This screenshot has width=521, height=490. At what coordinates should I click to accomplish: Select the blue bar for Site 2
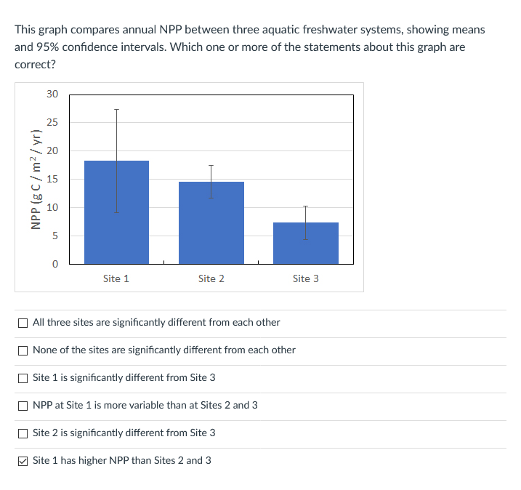pos(196,233)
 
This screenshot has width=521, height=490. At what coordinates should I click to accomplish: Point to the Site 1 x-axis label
pos(116,278)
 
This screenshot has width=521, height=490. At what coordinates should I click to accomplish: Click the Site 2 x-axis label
pos(211,278)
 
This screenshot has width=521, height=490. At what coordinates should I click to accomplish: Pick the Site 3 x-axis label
pos(305,278)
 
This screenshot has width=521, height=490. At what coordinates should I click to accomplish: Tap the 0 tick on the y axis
pos(53,264)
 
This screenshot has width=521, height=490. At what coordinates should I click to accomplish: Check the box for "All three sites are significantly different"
pos(23,322)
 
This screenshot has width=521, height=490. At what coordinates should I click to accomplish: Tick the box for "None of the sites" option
pos(23,350)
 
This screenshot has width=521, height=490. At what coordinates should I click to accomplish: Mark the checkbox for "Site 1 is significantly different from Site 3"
pos(23,377)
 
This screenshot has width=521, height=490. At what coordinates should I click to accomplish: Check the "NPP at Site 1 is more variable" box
pos(23,405)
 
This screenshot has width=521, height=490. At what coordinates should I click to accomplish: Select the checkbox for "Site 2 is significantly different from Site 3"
pos(23,433)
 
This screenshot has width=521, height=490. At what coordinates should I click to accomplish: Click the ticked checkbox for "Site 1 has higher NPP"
pos(23,460)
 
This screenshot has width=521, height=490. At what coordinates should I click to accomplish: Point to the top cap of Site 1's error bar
pos(116,110)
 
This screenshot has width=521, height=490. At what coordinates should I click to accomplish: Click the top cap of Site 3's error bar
pos(305,206)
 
